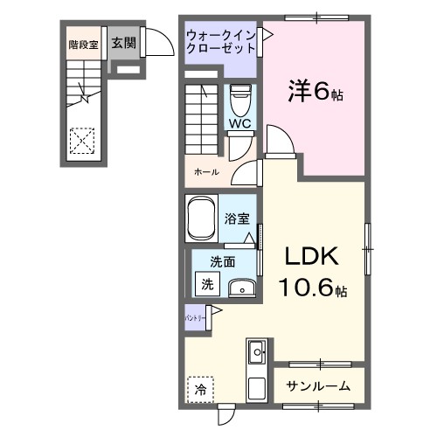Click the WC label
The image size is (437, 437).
click(x=239, y=123)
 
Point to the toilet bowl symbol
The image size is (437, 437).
click(x=239, y=98)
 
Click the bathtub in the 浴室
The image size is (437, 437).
click(x=203, y=218)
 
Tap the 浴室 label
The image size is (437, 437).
click(x=237, y=218)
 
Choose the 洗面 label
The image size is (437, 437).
click(x=222, y=260)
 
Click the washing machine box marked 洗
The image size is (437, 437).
click(x=207, y=283)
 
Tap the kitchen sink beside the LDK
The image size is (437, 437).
click(x=258, y=354)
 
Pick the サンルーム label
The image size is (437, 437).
click(x=319, y=385)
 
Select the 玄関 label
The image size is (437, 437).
click(x=123, y=43)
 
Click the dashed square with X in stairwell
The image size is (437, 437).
click(x=81, y=140)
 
